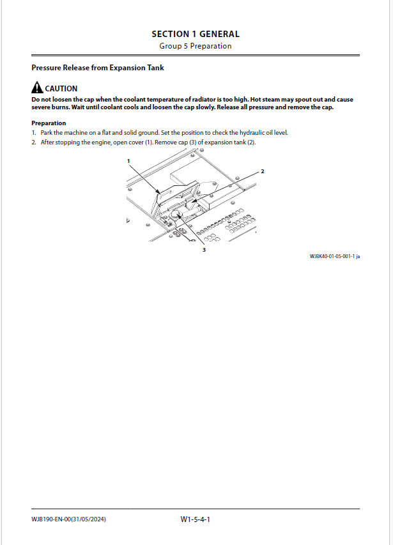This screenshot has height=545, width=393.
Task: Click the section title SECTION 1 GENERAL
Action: pyautogui.click(x=196, y=34)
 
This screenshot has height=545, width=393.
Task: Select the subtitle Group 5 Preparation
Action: pyautogui.click(x=196, y=46)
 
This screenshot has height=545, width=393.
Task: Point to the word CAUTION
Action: pyautogui.click(x=61, y=89)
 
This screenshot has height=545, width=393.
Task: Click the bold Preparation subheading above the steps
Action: pyautogui.click(x=49, y=123)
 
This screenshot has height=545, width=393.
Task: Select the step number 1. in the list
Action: pyautogui.click(x=34, y=133)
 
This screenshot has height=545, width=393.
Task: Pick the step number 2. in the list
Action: pyautogui.click(x=34, y=142)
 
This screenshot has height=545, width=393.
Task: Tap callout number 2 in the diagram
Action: pyautogui.click(x=262, y=172)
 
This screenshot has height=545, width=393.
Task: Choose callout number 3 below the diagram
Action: pyautogui.click(x=204, y=250)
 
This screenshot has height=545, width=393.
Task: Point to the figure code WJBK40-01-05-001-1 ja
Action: pyautogui.click(x=335, y=256)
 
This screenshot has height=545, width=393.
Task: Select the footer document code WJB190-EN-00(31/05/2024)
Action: pyautogui.click(x=68, y=519)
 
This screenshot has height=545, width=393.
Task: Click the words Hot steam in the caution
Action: pyautogui.click(x=266, y=100)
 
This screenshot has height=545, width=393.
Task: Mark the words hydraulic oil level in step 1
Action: pyautogui.click(x=266, y=133)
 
